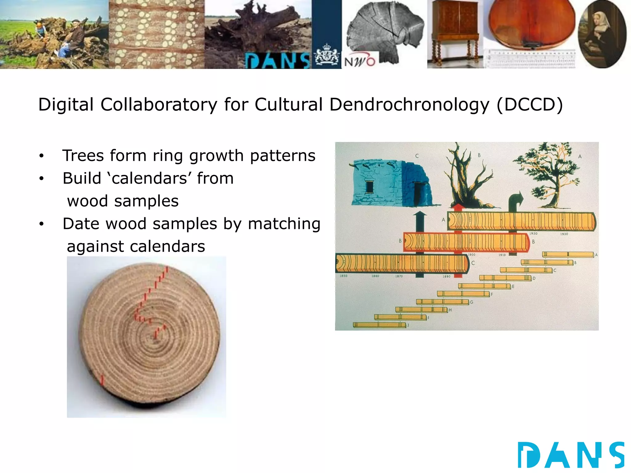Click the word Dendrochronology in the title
coord(409,105)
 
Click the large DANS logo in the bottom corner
coord(571,455)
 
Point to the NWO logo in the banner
coord(360,62)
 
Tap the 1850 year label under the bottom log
coord(343,276)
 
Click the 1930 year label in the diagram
coord(564,234)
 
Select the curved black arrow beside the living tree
coord(515,202)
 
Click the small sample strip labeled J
coord(379,325)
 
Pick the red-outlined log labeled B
coord(465,242)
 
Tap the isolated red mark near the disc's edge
coord(102,380)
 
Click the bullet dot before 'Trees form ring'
coord(42,156)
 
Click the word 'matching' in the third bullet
coord(284,224)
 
